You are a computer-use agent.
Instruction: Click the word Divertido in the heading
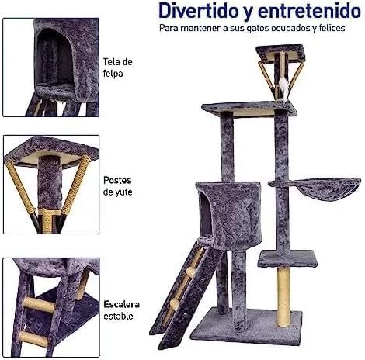[x=199, y=11]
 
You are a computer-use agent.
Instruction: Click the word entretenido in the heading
[x=309, y=11]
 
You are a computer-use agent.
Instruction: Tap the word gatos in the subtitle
[x=258, y=28]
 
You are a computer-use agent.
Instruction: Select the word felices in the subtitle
[x=332, y=28]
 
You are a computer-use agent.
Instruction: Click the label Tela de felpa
[x=118, y=67]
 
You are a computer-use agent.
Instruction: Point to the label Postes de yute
[x=117, y=186]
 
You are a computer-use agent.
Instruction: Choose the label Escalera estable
[x=121, y=310]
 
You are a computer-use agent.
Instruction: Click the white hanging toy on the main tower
[x=284, y=88]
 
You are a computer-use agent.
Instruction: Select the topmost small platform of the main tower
[x=280, y=53]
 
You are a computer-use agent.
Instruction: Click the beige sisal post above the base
[x=283, y=296]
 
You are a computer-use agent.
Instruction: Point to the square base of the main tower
[x=246, y=326]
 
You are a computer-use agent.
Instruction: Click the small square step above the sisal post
[x=287, y=259]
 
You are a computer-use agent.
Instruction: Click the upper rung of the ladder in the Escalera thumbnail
[x=39, y=305]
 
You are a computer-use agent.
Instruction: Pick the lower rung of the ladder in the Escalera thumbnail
[x=33, y=338]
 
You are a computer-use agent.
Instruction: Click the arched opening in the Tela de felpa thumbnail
[x=54, y=57]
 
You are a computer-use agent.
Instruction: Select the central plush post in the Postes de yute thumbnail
[x=50, y=182]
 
